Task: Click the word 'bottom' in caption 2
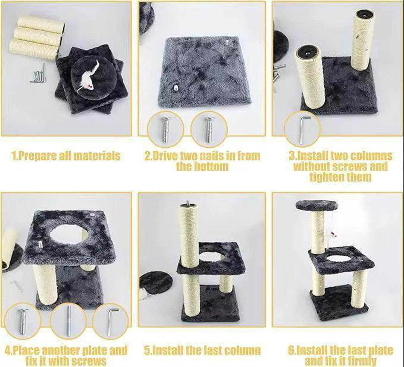pyautogui.click(x=202, y=167)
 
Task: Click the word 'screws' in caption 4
pyautogui.click(x=89, y=361)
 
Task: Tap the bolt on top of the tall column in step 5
pyautogui.click(x=188, y=203)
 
